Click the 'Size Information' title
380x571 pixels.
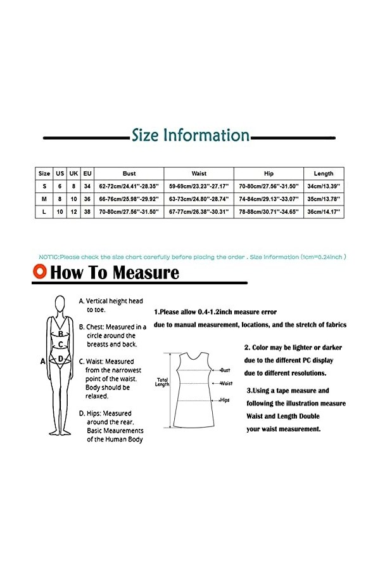[x=190, y=135]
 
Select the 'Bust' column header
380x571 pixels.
[x=129, y=173]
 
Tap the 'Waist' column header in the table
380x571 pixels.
[x=199, y=173]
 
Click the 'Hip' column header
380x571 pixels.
[x=269, y=173]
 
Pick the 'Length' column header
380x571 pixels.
[x=324, y=173]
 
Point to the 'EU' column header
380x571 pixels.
[x=87, y=173]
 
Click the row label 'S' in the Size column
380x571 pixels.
[x=44, y=186]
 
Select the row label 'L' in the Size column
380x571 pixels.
[x=44, y=211]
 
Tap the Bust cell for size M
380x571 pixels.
[x=129, y=199]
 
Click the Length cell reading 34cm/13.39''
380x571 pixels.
[x=324, y=186]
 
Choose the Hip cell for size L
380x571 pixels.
[x=269, y=211]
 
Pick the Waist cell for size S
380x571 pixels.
[x=199, y=186]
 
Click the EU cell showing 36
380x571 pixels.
[x=87, y=199]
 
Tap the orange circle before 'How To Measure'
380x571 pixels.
[x=41, y=272]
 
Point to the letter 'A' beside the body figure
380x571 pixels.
[x=42, y=361]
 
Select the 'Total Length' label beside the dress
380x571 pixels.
[x=162, y=383]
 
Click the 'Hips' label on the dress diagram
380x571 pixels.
[x=225, y=400]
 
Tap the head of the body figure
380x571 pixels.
[x=60, y=304]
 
